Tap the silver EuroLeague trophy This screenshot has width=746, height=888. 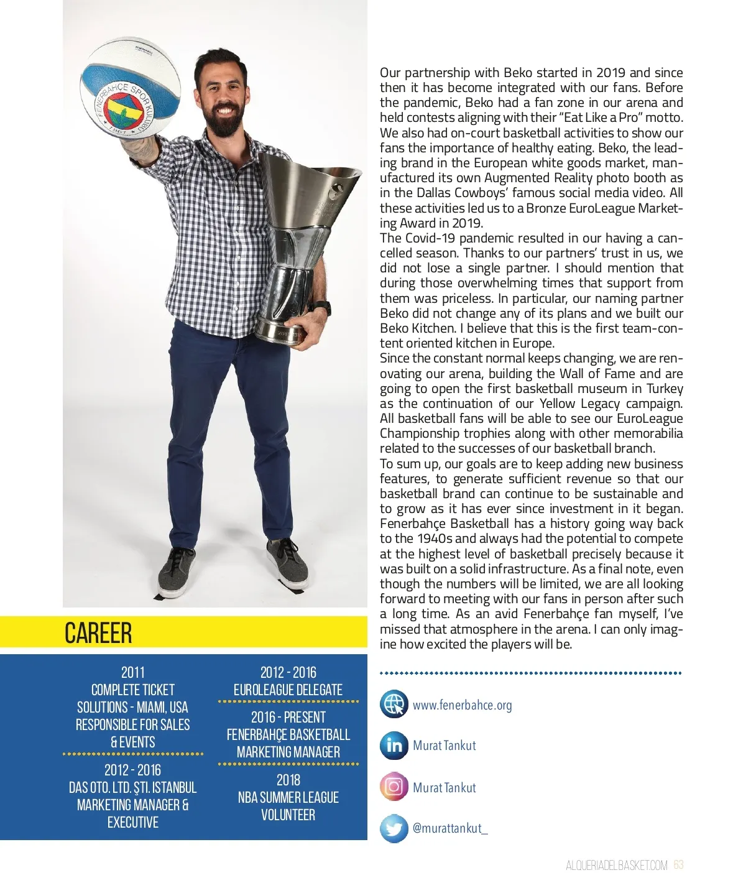[298, 243]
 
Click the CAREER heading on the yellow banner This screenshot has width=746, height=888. [98, 632]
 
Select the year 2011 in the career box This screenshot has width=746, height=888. [132, 672]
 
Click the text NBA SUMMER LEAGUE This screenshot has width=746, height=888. [288, 797]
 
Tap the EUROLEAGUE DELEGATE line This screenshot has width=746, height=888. [288, 690]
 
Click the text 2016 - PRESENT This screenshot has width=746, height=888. [288, 717]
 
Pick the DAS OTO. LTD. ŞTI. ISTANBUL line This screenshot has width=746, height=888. [132, 787]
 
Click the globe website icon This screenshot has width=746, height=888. [394, 705]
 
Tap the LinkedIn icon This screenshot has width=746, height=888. [394, 745]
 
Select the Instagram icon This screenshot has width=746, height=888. [394, 787]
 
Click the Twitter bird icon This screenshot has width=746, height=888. [394, 828]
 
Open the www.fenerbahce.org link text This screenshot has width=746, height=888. [462, 705]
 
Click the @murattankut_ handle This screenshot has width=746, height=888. [450, 828]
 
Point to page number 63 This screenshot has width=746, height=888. [678, 865]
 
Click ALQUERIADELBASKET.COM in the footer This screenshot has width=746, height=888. [616, 865]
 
